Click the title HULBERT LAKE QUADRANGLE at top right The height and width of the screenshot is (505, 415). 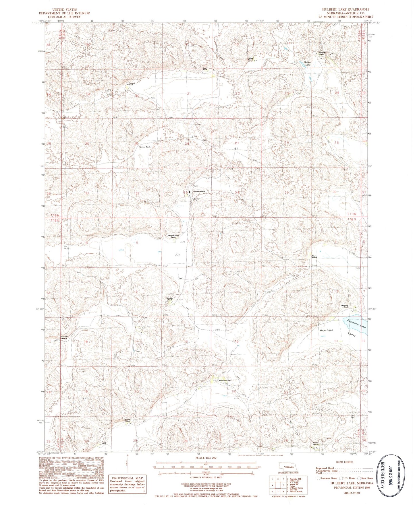346,9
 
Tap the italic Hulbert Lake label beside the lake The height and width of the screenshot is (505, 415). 305,63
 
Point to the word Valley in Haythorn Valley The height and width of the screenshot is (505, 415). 352,335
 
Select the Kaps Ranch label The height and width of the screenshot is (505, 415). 251,59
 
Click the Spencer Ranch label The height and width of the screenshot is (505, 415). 145,147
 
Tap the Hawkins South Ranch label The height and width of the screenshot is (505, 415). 173,236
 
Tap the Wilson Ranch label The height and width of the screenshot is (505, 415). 315,443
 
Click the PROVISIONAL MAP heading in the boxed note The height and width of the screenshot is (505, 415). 127,478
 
